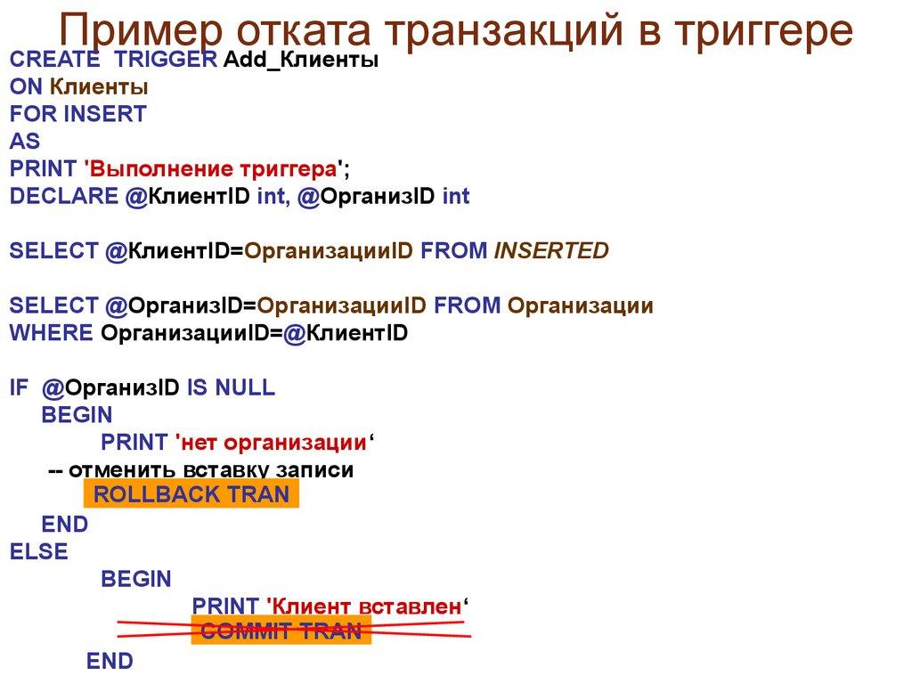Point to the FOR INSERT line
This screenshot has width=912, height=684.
point(78,114)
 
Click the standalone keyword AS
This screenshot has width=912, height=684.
point(25,141)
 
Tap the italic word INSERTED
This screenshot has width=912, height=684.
point(551,251)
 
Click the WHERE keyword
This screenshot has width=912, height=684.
point(51,333)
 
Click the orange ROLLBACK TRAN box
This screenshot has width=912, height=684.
point(191,495)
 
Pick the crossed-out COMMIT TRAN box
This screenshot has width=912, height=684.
point(281,631)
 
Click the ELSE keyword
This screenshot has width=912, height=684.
point(38,552)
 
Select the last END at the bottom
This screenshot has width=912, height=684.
point(110,661)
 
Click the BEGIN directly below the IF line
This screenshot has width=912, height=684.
point(77,415)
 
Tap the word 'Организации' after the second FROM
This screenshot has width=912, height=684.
point(580,305)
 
